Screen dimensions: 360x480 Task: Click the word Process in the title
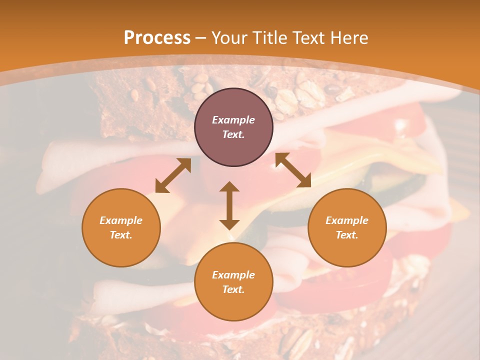click(157, 38)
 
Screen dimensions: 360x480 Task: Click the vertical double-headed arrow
click(229, 205)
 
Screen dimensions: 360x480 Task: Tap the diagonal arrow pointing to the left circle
click(173, 175)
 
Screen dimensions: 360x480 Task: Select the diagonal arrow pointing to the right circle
click(293, 170)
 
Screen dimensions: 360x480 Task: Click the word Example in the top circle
click(233, 120)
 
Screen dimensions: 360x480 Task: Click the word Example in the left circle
click(121, 220)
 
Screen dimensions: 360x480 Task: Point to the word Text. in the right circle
click(347, 235)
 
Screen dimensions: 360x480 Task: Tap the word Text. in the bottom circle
click(233, 289)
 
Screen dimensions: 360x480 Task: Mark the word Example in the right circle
click(347, 220)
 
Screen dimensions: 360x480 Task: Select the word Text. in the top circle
click(233, 134)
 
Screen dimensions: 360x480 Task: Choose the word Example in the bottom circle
click(233, 275)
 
